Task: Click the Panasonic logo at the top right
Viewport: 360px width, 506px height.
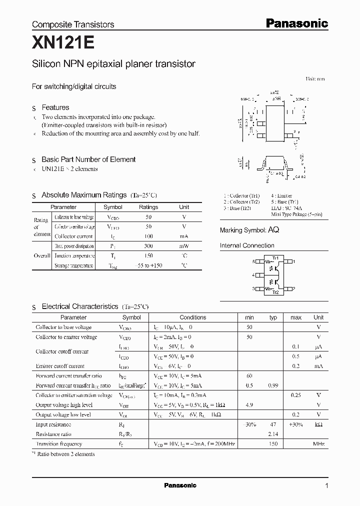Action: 296,23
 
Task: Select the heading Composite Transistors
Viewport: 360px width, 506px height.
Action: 73,24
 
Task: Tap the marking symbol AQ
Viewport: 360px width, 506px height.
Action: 273,230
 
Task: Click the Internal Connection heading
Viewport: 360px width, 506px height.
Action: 247,245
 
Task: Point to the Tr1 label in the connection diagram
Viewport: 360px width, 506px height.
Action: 275,257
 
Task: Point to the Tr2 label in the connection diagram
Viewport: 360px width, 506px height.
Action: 275,292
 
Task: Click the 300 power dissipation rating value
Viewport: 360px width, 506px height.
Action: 148,246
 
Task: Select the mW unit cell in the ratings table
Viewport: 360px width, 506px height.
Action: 184,246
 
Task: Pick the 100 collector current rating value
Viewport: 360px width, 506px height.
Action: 148,236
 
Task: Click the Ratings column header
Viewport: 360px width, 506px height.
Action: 148,207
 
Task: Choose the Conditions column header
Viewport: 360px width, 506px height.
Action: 192,317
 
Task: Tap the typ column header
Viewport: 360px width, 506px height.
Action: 273,317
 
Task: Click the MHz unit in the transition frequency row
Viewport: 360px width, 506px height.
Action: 318,444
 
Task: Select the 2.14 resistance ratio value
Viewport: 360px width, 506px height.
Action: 273,434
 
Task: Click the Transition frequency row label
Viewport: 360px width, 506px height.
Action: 59,444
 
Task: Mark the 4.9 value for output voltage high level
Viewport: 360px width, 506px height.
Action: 249,405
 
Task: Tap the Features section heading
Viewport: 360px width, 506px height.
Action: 55,107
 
